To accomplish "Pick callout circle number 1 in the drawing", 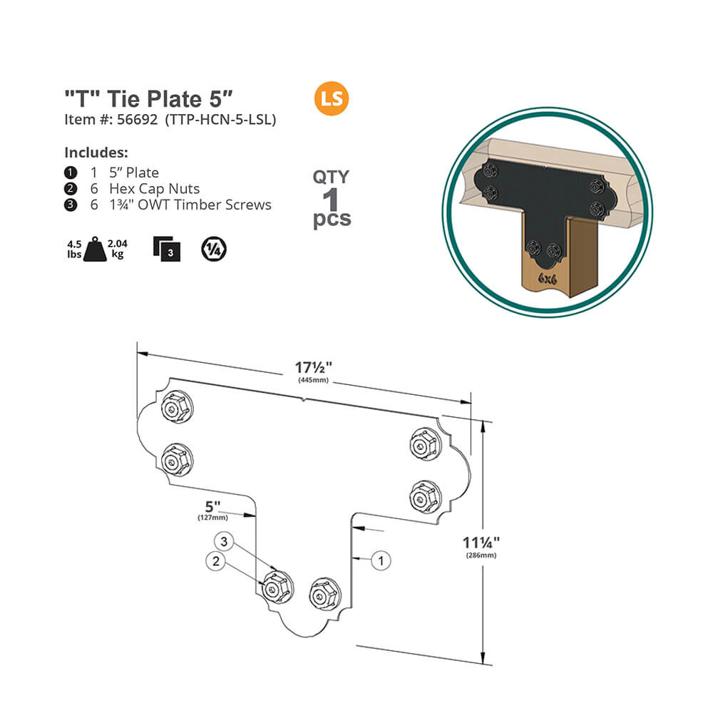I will pyautogui.click(x=381, y=560).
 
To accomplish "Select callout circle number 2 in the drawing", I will pyautogui.click(x=216, y=561).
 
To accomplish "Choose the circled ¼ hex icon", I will pyautogui.click(x=212, y=249).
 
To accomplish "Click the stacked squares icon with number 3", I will pyautogui.click(x=167, y=249).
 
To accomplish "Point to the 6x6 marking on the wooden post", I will pyautogui.click(x=548, y=278).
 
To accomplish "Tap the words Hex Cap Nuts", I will pyautogui.click(x=154, y=188).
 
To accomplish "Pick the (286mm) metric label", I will pyautogui.click(x=481, y=555).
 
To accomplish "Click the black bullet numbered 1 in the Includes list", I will pyautogui.click(x=70, y=173).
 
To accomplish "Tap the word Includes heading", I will pyautogui.click(x=96, y=153).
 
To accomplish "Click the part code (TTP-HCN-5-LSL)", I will pyautogui.click(x=220, y=120).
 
